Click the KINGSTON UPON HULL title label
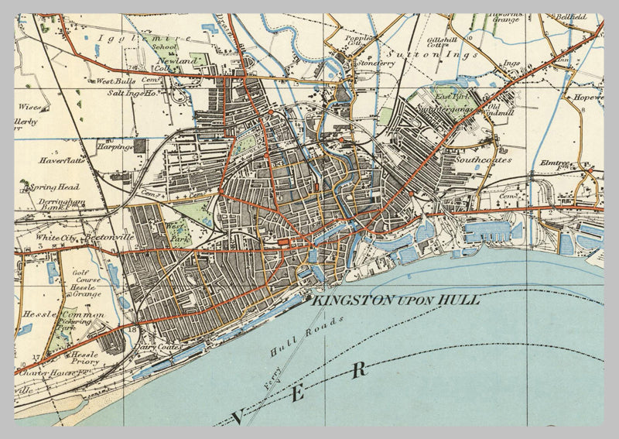[x=395, y=300]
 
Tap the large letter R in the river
[x=358, y=370]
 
